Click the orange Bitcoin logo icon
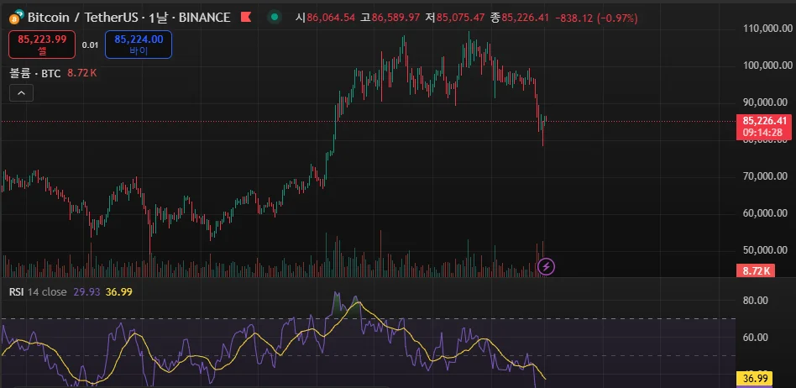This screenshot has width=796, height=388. click(x=14, y=17)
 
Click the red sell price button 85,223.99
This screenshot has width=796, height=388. click(x=42, y=44)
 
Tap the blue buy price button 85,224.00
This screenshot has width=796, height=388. click(x=139, y=44)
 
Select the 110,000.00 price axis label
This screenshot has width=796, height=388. click(x=768, y=29)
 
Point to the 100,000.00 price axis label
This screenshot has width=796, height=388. click(x=768, y=66)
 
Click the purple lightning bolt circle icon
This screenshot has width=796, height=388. click(x=547, y=267)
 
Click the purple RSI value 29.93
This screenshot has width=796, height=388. click(x=86, y=291)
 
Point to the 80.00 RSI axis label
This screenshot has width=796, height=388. click(x=757, y=300)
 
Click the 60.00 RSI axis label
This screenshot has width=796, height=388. click(x=757, y=337)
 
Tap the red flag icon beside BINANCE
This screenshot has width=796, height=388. click(x=245, y=17)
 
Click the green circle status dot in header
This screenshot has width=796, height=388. click(x=274, y=17)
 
